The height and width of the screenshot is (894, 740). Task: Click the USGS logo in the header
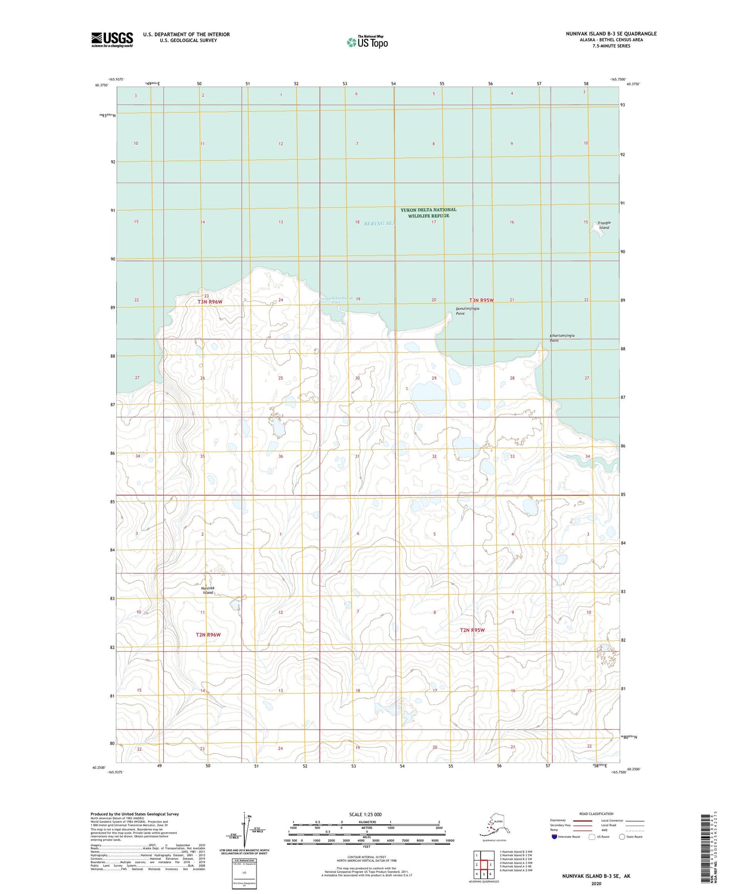(x=112, y=39)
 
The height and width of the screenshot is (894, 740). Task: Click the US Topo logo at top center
(x=367, y=42)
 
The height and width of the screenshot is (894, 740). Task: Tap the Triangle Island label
(x=604, y=225)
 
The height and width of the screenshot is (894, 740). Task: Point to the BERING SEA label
(x=379, y=223)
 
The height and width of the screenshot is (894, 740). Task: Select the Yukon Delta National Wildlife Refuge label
(x=428, y=212)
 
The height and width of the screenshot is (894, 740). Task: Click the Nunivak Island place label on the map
(x=208, y=590)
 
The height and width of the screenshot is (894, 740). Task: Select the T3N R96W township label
(x=210, y=302)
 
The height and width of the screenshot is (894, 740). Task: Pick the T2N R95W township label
(x=472, y=630)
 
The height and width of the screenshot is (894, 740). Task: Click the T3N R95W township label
(x=481, y=300)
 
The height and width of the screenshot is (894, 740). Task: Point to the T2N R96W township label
(x=208, y=635)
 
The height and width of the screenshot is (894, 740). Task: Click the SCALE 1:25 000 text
(x=365, y=815)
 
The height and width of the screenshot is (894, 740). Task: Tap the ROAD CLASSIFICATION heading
(x=596, y=814)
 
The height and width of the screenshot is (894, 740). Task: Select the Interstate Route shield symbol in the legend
(x=554, y=837)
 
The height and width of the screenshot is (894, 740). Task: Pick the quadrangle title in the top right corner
(x=611, y=34)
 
